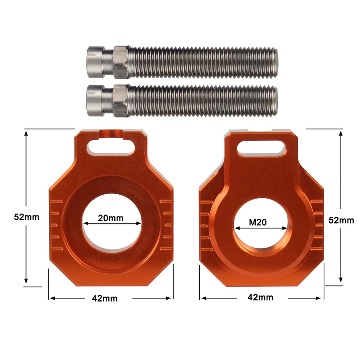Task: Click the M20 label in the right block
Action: coord(258,222)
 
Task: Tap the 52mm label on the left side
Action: coord(26,217)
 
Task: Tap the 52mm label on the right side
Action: coord(341,220)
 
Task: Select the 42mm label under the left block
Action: coord(105,298)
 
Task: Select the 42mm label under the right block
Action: coord(260,298)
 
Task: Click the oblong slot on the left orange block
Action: coord(111,147)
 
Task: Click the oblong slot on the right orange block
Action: coord(262,147)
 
